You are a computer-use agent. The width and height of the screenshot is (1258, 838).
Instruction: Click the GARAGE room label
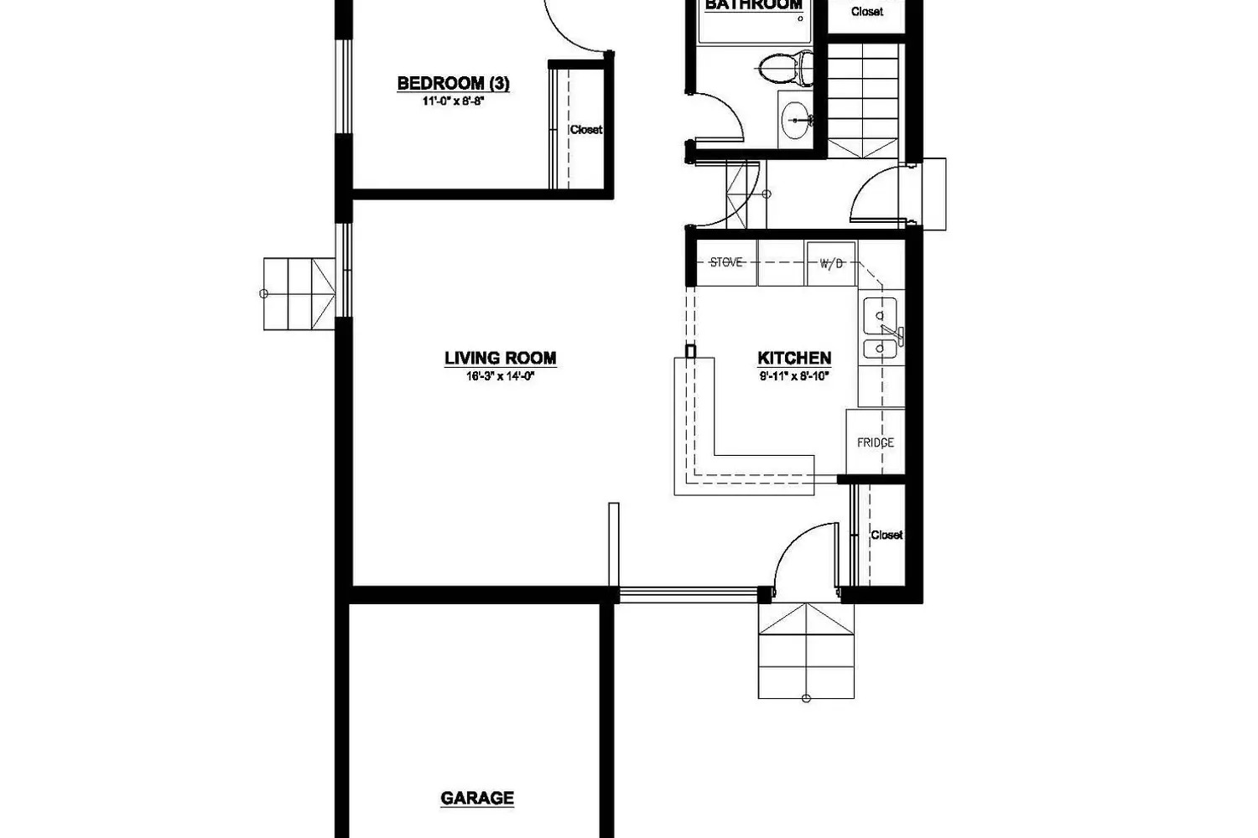pyautogui.click(x=477, y=798)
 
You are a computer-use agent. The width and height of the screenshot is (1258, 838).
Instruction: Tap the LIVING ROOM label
pyautogui.click(x=500, y=359)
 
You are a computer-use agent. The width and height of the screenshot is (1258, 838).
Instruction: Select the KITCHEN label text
pyautogui.click(x=794, y=359)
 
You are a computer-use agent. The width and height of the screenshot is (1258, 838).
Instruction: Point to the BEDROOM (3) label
pyautogui.click(x=453, y=83)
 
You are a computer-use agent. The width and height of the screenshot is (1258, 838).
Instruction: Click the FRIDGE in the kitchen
pyautogui.click(x=876, y=442)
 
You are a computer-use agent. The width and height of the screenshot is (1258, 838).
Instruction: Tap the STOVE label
pyautogui.click(x=725, y=262)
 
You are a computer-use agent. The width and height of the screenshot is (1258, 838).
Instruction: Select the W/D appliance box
pyautogui.click(x=831, y=263)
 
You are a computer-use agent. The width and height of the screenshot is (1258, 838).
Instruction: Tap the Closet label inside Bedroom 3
pyautogui.click(x=586, y=130)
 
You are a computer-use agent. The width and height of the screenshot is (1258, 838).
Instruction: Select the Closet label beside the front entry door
pyautogui.click(x=886, y=535)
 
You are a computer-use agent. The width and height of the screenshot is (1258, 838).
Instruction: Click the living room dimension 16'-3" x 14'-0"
pyautogui.click(x=500, y=376)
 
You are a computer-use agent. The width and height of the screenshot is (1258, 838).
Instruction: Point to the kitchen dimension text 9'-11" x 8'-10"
pyautogui.click(x=794, y=376)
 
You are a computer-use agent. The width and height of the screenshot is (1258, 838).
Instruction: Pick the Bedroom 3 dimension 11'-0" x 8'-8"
pyautogui.click(x=454, y=101)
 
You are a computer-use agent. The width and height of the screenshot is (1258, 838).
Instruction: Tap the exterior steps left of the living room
pyautogui.click(x=299, y=293)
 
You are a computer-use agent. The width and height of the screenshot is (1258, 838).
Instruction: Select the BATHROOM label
pyautogui.click(x=753, y=5)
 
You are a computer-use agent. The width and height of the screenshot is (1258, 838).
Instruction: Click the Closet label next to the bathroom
pyautogui.click(x=867, y=12)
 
